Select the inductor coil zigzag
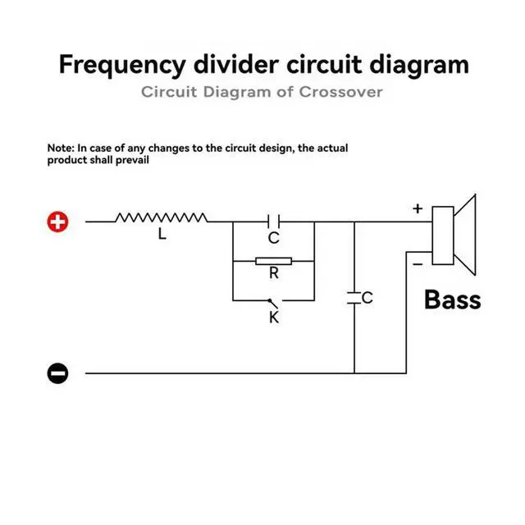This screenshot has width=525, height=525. pos(161,217)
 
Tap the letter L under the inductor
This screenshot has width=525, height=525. pos(162,235)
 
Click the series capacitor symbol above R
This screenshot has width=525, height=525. pos(274,221)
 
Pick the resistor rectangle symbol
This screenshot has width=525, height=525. pos(273,262)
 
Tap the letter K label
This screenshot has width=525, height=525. pos(274,317)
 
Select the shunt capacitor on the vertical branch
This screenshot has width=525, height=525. pos(354,299)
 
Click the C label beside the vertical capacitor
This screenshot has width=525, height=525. pos(367,299)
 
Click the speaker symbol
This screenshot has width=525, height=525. pos(454,236)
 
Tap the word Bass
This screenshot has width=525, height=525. pos(452,299)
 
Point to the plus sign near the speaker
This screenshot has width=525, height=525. pos(418,208)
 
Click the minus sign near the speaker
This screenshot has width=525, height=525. pos(418,264)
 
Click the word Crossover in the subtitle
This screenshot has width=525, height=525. pos(341,92)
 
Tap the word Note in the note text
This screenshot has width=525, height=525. pos(61,148)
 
